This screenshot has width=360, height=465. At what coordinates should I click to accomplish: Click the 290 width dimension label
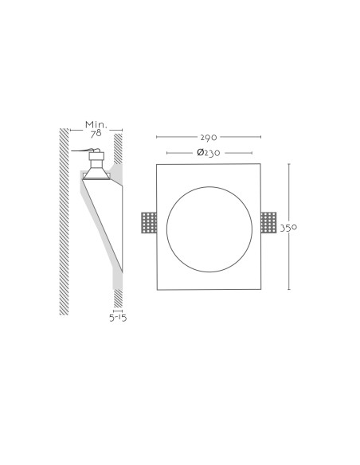[209, 137]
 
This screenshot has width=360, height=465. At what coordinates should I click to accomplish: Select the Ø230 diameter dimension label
[209, 153]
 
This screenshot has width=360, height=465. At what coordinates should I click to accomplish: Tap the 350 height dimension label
[288, 228]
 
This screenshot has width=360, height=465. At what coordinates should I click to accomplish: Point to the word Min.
[96, 124]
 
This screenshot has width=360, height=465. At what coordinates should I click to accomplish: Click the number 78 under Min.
[96, 134]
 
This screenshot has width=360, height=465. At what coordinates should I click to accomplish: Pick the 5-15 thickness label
[118, 318]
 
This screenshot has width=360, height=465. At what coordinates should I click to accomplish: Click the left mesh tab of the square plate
[149, 222]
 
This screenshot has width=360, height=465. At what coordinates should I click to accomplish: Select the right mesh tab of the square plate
[268, 222]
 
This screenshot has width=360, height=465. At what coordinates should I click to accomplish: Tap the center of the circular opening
[209, 229]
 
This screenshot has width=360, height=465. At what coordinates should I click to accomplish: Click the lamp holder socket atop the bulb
[96, 159]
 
